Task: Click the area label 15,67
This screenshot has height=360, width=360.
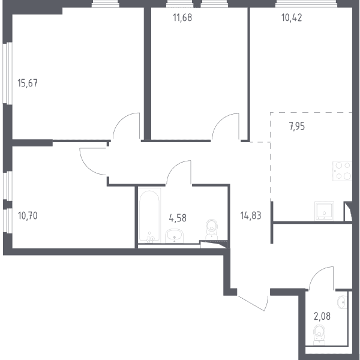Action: pos(28,83)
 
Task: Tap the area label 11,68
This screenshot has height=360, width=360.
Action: pos(182,17)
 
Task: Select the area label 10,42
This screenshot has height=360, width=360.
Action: pos(292,17)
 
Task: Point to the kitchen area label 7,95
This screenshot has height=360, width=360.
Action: pos(297,126)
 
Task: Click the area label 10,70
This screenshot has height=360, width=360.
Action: pos(28,216)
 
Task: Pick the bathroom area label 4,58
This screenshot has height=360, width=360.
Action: pos(178,218)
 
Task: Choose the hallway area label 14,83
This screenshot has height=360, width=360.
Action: pos(251,216)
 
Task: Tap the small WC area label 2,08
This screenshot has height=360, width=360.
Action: pos(322,316)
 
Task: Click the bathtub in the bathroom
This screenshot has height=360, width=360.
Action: pos(149,216)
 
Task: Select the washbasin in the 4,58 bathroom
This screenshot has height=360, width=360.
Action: pos(174,236)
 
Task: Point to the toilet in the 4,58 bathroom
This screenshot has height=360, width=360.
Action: pos(211,230)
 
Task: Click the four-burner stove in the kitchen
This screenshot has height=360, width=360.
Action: pos(343,171)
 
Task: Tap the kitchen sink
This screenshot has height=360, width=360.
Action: pos(324,211)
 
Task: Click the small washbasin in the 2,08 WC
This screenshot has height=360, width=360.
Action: pos(342,302)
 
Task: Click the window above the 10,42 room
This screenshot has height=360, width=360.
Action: pos(306,4)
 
